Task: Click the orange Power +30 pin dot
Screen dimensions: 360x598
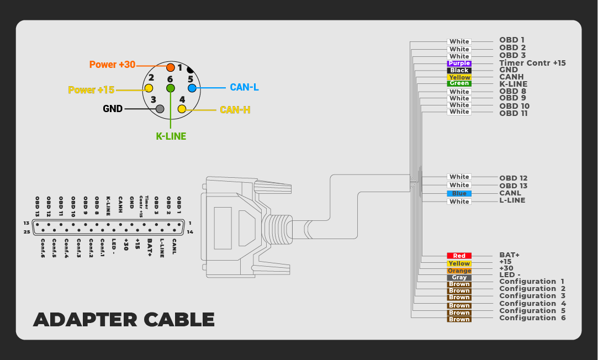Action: pos(171,67)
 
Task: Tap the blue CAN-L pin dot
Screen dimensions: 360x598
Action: pos(192,88)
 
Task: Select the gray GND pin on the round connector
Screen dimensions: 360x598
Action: pos(160,109)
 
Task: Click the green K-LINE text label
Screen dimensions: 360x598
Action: pos(171,136)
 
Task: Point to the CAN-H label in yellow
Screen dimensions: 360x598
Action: pos(235,110)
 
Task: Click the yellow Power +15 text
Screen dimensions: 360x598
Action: pos(91,89)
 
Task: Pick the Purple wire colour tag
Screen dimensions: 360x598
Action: pos(459,63)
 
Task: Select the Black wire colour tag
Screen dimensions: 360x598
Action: pos(459,71)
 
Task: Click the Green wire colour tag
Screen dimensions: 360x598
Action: pos(459,84)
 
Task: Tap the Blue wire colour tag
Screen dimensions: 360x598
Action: pos(459,193)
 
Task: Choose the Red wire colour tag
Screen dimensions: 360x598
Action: pos(459,256)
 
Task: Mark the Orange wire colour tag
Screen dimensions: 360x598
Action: pos(459,271)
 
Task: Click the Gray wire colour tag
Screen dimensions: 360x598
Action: pos(459,277)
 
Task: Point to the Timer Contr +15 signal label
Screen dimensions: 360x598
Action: pos(532,63)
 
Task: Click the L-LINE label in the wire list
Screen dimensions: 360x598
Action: pos(512,200)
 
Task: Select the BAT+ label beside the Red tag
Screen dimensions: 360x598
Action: pos(509,255)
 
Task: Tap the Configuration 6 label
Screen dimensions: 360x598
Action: pos(532,317)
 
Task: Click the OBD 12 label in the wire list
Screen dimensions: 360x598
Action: pos(513,178)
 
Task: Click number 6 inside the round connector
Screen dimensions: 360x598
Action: pos(170,79)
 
